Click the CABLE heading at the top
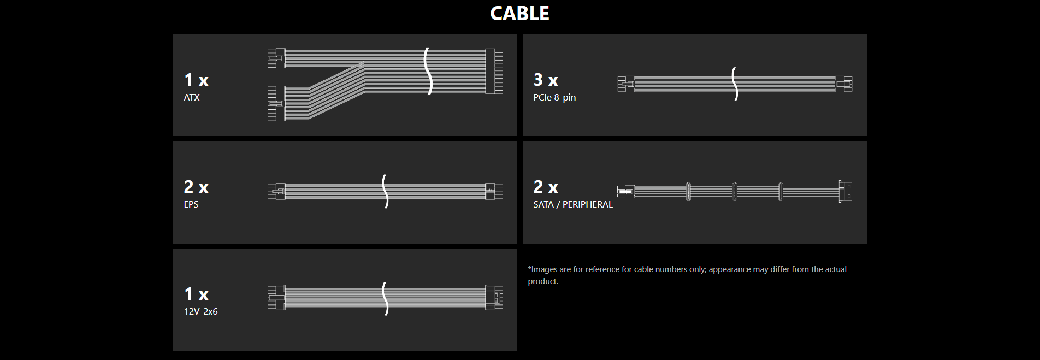click(x=519, y=14)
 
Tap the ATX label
click(x=192, y=97)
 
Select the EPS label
click(x=191, y=204)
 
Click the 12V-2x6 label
click(x=200, y=311)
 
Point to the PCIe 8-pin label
click(x=554, y=97)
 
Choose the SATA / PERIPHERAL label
click(x=573, y=204)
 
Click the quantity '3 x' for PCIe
click(x=546, y=80)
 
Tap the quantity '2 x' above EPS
click(x=196, y=187)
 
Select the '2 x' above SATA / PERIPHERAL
click(x=546, y=187)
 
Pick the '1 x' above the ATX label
click(x=196, y=80)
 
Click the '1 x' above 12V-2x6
click(x=196, y=294)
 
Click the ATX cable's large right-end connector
click(x=494, y=71)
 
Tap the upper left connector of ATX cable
click(x=276, y=58)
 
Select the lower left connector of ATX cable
click(x=276, y=103)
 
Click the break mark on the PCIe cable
click(x=735, y=84)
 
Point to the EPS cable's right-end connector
click(x=494, y=191)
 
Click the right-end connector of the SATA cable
click(x=845, y=191)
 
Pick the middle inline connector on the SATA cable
click(x=734, y=191)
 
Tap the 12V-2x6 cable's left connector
click(x=276, y=298)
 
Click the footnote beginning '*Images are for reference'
click(x=687, y=275)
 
